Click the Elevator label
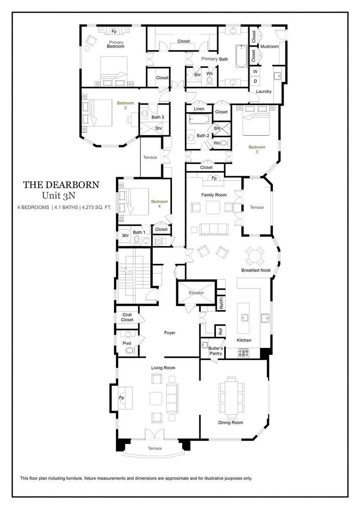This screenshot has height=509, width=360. pyautogui.click(x=196, y=293)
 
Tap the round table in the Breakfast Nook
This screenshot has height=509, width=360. pyautogui.click(x=255, y=256)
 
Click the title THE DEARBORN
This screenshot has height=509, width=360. pyautogui.click(x=61, y=184)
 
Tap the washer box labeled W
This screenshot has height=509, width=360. pyautogui.click(x=255, y=71)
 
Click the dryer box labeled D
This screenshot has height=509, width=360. pyautogui.click(x=255, y=81)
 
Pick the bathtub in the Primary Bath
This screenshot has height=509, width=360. pyautogui.click(x=241, y=55)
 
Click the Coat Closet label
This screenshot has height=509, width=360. pyautogui.click(x=127, y=317)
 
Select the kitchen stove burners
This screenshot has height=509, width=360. pyautogui.click(x=243, y=352)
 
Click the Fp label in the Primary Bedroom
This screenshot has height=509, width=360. pyautogui.click(x=114, y=32)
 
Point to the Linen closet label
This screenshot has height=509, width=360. pyautogui.click(x=199, y=109)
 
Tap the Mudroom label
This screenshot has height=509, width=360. pyautogui.click(x=270, y=46)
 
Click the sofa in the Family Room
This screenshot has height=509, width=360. pyautogui.click(x=214, y=229)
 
